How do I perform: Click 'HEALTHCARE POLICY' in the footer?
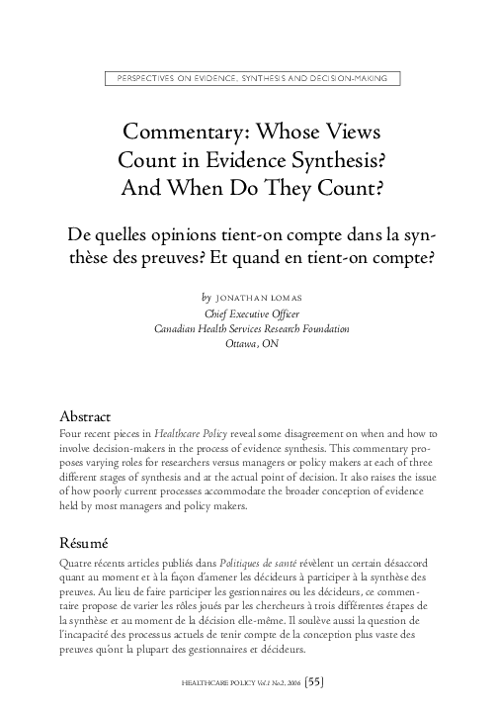pyautogui.click(x=214, y=682)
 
